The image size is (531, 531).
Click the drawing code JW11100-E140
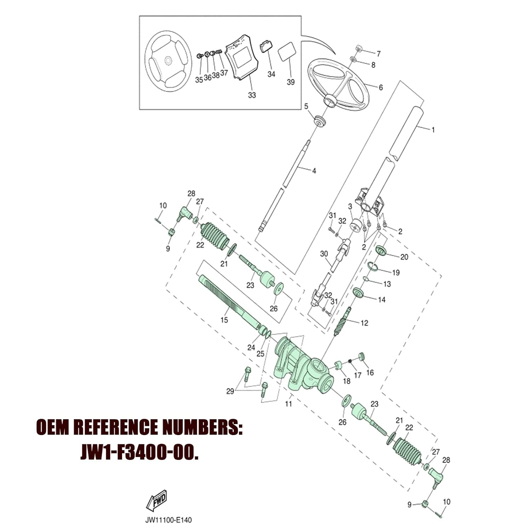(169, 520)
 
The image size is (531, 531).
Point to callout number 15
(224, 320)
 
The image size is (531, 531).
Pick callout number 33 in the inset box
(252, 95)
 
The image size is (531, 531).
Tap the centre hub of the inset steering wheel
(169, 61)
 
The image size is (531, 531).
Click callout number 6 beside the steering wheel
(381, 87)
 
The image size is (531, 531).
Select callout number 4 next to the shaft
(314, 171)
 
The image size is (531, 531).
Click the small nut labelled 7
(358, 48)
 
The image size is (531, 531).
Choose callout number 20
(404, 257)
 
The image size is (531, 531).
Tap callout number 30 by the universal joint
(324, 254)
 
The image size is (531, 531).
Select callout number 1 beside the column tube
(433, 130)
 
